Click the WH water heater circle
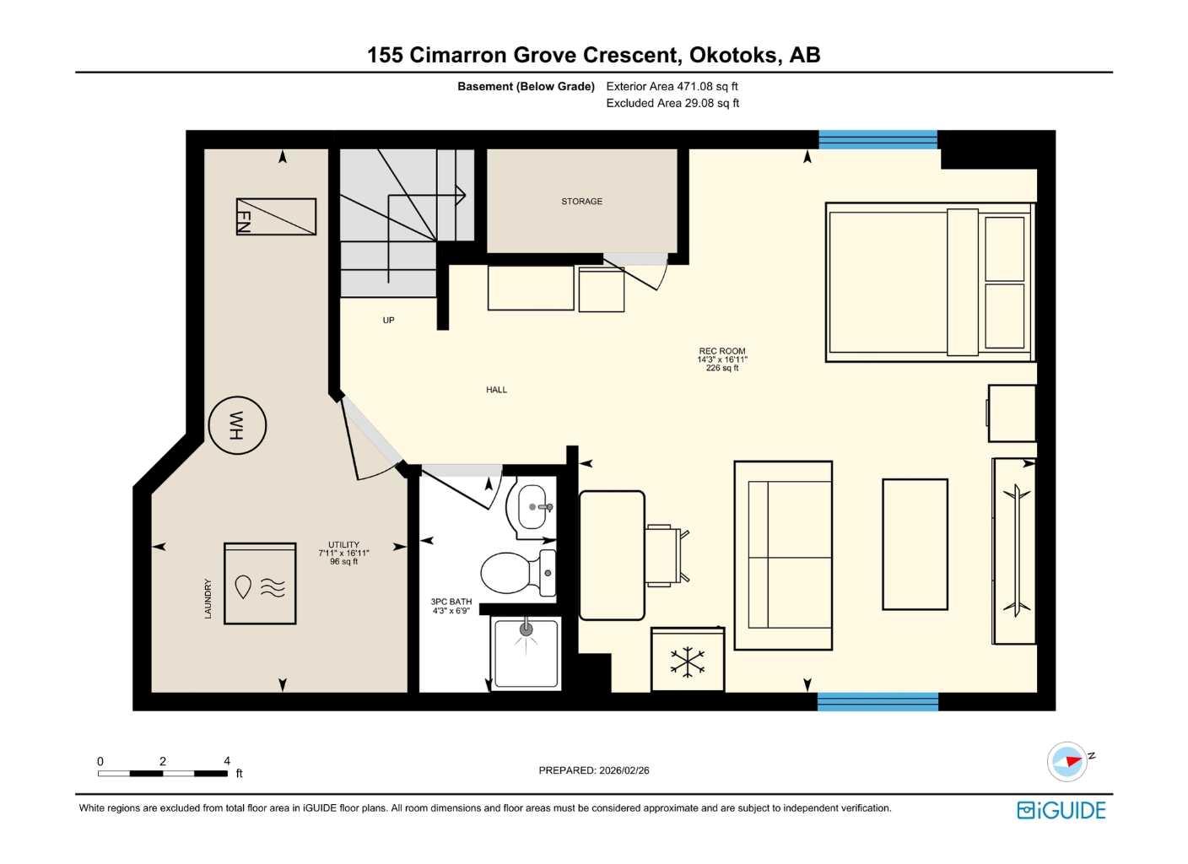click(237, 425)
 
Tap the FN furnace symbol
click(276, 217)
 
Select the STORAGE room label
click(581, 202)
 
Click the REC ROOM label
click(721, 359)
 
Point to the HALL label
click(496, 390)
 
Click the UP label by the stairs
click(388, 321)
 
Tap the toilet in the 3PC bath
click(515, 573)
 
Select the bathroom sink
click(533, 506)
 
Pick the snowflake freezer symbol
click(688, 661)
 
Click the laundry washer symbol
click(260, 584)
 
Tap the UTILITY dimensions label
click(343, 553)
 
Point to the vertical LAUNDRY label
click(208, 598)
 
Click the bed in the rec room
click(928, 283)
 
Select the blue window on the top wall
click(877, 139)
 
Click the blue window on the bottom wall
click(877, 701)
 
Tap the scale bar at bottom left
click(163, 773)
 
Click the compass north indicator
click(1068, 761)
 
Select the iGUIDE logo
click(1061, 810)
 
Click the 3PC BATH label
click(451, 606)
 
